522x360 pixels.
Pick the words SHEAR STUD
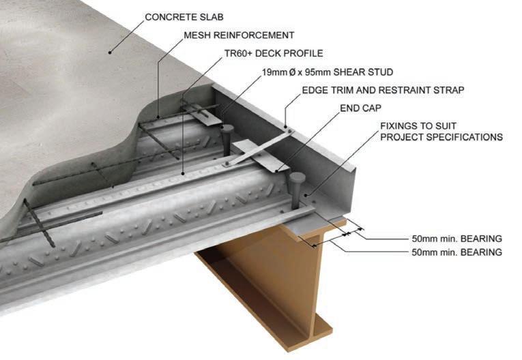(x=368, y=72)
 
